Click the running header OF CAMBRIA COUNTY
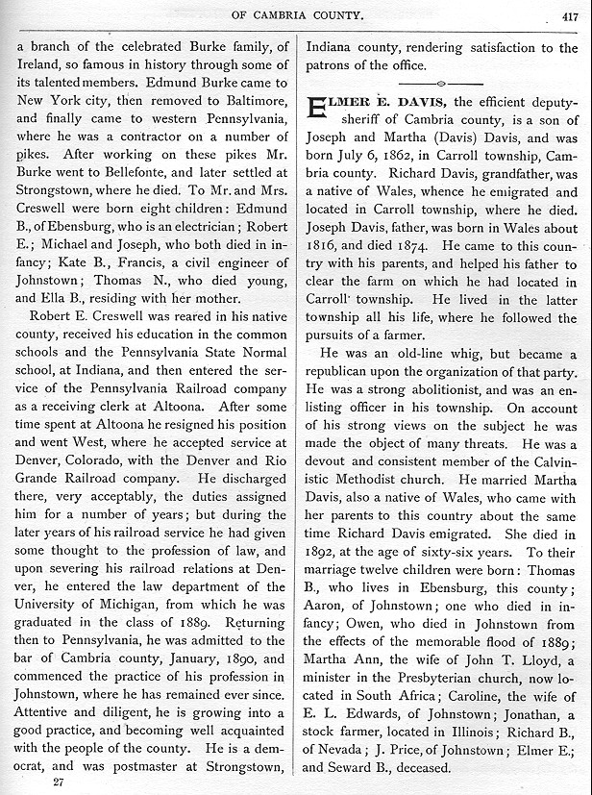(298, 14)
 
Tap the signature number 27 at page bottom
(60, 783)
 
